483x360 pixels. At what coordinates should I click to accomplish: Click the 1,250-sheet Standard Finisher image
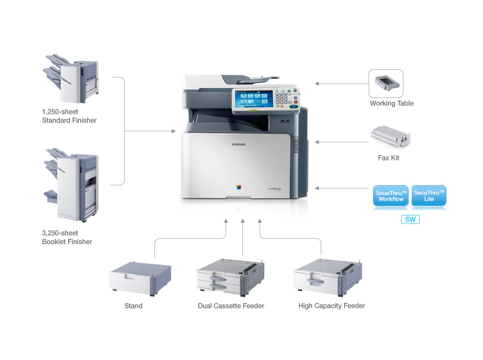click(x=71, y=78)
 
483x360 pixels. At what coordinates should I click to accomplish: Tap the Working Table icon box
click(x=386, y=83)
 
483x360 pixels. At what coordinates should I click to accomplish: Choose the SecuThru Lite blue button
click(x=429, y=196)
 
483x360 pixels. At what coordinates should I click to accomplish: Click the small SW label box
click(x=410, y=220)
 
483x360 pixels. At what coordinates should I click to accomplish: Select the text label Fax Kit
click(x=388, y=158)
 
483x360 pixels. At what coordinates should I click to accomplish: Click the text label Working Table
click(x=391, y=103)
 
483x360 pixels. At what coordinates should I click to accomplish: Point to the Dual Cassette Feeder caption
click(x=231, y=306)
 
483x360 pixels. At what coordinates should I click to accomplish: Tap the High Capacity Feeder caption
click(x=331, y=306)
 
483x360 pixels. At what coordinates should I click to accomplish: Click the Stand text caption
click(x=134, y=306)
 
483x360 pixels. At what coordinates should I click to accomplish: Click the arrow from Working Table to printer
click(x=341, y=84)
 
